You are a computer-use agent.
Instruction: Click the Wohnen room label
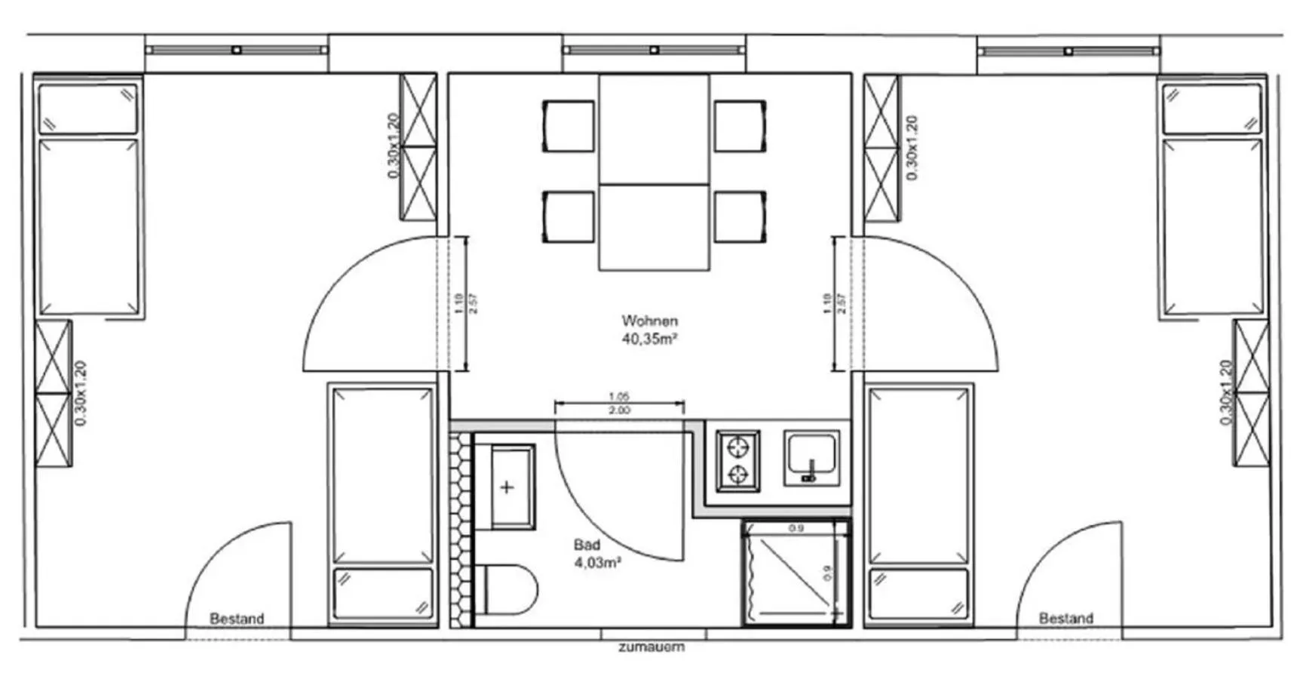(x=649, y=321)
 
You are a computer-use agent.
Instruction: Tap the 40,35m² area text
(x=649, y=339)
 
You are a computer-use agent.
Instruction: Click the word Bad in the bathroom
(x=587, y=545)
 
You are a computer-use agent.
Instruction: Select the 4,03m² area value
(x=597, y=562)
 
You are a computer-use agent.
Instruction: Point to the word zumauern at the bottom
(x=651, y=647)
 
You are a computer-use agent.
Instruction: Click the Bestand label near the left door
(x=237, y=619)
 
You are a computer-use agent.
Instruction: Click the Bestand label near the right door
(x=1065, y=619)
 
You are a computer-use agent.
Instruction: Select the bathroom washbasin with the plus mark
(x=512, y=487)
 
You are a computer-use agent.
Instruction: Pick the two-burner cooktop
(x=737, y=460)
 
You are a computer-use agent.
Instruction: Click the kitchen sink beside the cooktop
(x=811, y=458)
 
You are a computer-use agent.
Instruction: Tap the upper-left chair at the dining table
(x=569, y=126)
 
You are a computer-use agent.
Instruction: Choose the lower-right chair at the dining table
(x=740, y=217)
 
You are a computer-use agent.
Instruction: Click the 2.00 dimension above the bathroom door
(x=619, y=410)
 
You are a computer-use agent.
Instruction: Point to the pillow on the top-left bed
(x=88, y=109)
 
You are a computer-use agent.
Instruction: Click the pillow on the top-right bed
(x=1212, y=109)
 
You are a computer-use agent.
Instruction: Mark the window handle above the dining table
(x=654, y=50)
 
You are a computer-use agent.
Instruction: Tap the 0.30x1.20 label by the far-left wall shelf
(x=81, y=393)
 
